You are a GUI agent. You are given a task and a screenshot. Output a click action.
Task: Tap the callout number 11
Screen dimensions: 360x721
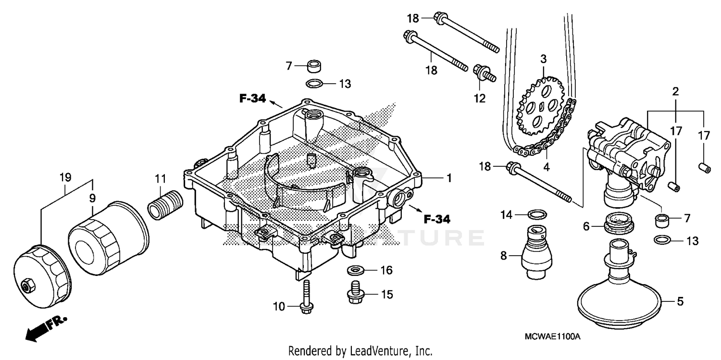point(160,180)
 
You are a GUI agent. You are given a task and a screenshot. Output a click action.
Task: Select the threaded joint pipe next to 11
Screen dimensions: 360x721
point(165,204)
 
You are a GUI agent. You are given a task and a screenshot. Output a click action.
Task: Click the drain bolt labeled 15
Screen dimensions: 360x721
point(354,293)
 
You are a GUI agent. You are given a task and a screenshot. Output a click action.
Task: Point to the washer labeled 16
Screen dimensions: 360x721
point(355,270)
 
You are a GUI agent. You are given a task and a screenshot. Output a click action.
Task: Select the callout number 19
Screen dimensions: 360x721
point(65,177)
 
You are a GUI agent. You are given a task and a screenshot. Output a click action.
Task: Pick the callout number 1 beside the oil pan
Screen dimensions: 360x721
point(448,178)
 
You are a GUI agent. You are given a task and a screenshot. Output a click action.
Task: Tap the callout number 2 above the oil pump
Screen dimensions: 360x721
point(675,91)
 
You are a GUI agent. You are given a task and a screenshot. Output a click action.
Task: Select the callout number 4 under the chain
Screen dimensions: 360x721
point(547,168)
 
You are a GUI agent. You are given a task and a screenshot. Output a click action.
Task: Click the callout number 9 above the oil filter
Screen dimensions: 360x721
point(92,197)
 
